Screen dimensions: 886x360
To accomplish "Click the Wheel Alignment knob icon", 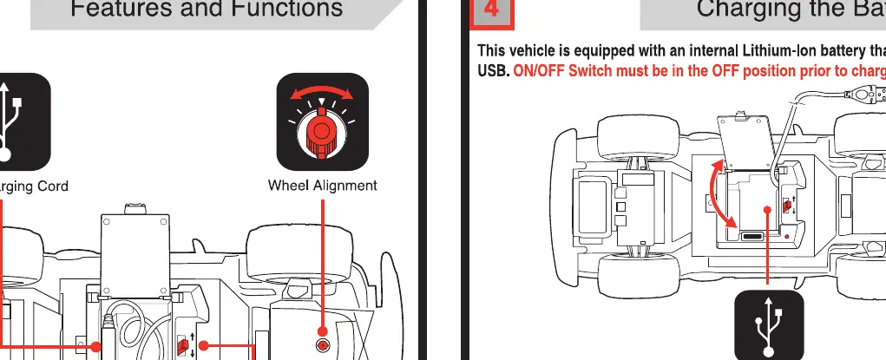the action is [322, 122].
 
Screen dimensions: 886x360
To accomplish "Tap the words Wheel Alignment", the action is [322, 186].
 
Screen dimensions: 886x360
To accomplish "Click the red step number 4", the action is [491, 10].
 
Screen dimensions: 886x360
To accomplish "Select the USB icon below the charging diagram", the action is [769, 325].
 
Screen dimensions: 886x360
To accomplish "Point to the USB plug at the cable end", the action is [870, 93].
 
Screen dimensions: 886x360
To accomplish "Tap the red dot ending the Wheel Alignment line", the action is [322, 331].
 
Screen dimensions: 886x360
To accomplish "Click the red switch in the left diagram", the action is [182, 346].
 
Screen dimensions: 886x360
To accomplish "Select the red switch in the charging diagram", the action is [786, 205].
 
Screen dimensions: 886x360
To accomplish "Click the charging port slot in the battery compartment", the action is [752, 237].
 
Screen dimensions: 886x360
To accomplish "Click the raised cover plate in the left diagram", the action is [135, 255].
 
